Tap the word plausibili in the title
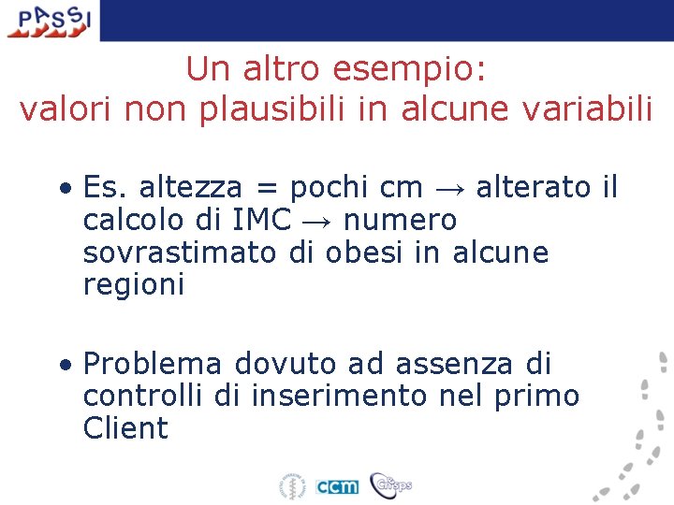(x=294, y=108)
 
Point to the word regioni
(x=134, y=285)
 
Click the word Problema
(x=153, y=363)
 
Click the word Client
(x=125, y=428)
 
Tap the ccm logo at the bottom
(x=337, y=486)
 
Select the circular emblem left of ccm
(x=292, y=486)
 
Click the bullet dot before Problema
(x=67, y=364)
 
